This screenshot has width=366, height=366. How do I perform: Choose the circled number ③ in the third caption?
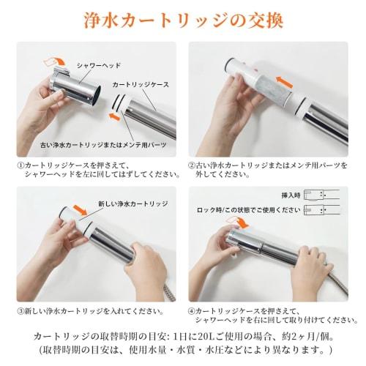pyautogui.click(x=19, y=311)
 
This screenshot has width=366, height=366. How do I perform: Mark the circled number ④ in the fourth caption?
pyautogui.click(x=192, y=311)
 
